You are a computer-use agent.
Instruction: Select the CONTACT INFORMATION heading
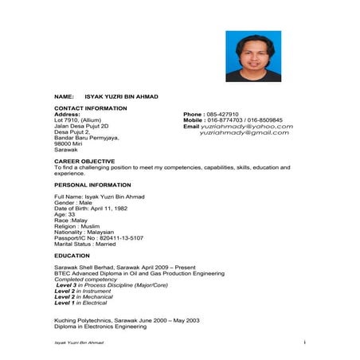(90, 108)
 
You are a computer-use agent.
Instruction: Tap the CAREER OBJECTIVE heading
(84, 161)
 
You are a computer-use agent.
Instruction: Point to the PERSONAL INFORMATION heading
(92, 185)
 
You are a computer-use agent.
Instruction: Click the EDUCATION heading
(72, 256)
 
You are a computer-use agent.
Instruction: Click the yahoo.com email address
(247, 127)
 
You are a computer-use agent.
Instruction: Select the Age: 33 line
(65, 214)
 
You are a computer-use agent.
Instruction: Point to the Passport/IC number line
(99, 238)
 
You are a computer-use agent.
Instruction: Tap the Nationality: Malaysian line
(85, 232)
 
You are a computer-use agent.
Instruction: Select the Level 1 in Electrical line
(80, 303)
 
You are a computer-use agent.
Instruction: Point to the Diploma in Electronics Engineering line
(100, 327)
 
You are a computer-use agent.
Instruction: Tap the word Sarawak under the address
(66, 149)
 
